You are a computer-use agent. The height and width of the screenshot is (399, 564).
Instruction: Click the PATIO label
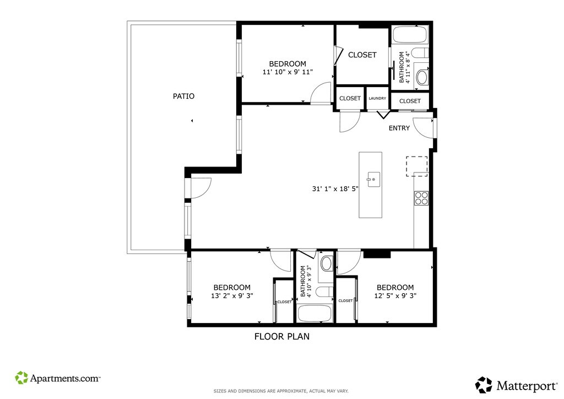click(x=183, y=96)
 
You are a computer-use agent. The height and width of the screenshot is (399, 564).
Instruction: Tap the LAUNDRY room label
click(x=377, y=98)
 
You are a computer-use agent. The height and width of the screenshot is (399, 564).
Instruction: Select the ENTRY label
click(x=399, y=128)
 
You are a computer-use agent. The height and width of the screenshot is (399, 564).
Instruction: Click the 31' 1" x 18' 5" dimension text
click(x=335, y=188)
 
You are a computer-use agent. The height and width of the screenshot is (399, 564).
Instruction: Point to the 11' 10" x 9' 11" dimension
click(x=288, y=72)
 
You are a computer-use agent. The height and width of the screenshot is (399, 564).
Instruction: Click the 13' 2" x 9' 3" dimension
click(x=232, y=296)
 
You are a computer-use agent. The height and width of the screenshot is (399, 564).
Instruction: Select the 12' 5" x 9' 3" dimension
click(x=395, y=296)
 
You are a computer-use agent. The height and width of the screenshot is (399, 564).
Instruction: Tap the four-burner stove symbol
click(x=421, y=198)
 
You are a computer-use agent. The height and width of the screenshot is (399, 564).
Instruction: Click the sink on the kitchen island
click(x=373, y=180)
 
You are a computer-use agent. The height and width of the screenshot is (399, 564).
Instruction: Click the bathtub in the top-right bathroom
click(x=410, y=35)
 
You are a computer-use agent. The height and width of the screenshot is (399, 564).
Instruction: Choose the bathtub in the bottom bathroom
click(x=315, y=314)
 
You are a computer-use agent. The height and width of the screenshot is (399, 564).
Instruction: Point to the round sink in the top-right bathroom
click(x=422, y=77)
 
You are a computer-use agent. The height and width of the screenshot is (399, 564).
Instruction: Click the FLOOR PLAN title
click(x=281, y=336)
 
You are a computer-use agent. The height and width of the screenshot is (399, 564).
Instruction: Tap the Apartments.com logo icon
click(x=21, y=378)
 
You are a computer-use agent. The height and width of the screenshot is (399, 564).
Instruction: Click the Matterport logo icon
click(x=484, y=385)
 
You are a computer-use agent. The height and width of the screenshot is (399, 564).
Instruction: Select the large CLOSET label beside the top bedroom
click(x=362, y=55)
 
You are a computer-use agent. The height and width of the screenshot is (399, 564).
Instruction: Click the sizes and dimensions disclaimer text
click(x=281, y=391)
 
